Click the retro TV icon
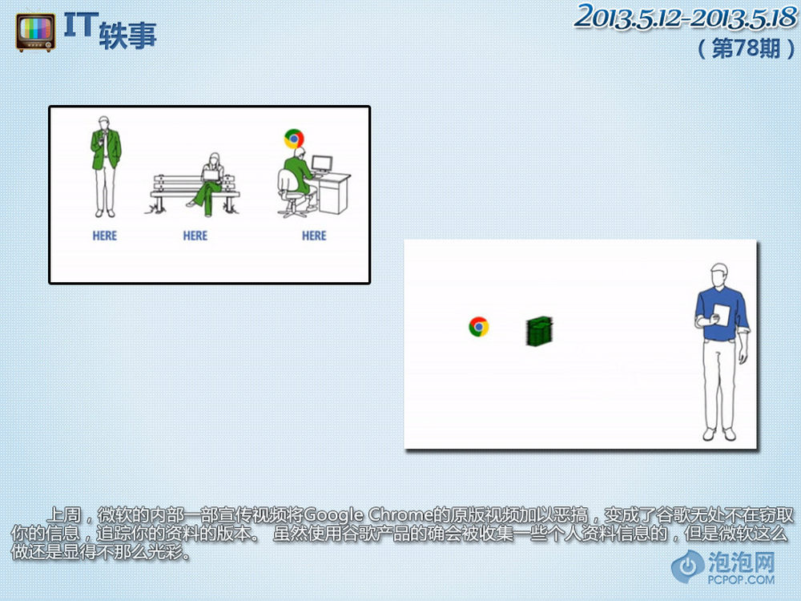[35, 33]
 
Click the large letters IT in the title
[81, 25]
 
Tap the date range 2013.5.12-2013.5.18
[685, 17]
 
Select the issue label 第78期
[746, 49]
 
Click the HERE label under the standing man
[105, 236]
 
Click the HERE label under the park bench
[195, 236]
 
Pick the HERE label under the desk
[314, 236]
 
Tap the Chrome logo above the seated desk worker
[294, 139]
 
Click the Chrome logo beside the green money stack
[479, 327]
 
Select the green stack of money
[539, 331]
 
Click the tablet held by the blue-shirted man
[722, 314]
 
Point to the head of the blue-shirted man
[719, 276]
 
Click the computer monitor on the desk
[322, 164]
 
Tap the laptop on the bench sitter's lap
[211, 175]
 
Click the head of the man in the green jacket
[103, 123]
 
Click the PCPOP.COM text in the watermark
[741, 579]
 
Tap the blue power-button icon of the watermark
[688, 566]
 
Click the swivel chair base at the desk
[292, 208]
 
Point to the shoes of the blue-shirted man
[719, 434]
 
